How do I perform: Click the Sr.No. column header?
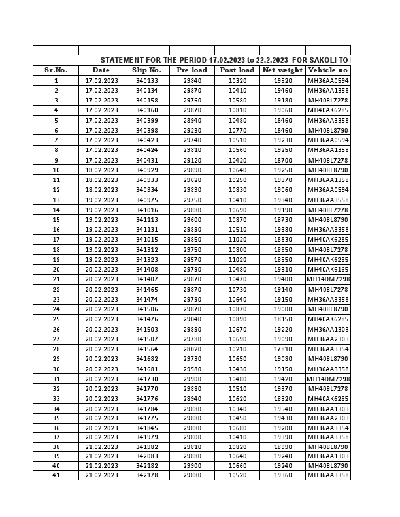coord(56,70)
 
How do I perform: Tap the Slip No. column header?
coord(146,70)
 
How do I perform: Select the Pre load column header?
coord(192,70)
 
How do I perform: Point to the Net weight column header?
coord(282,70)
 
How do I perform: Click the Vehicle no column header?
coord(327,70)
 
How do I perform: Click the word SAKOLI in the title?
coord(321,60)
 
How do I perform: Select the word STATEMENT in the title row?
coord(121,60)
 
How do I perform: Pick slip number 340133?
coord(146,81)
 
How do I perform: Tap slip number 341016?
coord(146,210)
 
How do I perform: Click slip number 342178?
coord(146,475)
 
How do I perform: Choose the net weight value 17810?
coord(282,349)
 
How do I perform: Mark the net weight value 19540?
coord(282,409)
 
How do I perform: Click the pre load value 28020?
coord(192,349)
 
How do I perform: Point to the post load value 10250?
coord(237,180)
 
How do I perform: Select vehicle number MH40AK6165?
coord(328,270)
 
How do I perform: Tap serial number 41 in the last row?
coord(56,475)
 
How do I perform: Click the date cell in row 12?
coord(101,190)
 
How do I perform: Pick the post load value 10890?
coord(237,319)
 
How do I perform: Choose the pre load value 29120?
coord(192,160)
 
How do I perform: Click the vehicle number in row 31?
coord(328,379)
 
